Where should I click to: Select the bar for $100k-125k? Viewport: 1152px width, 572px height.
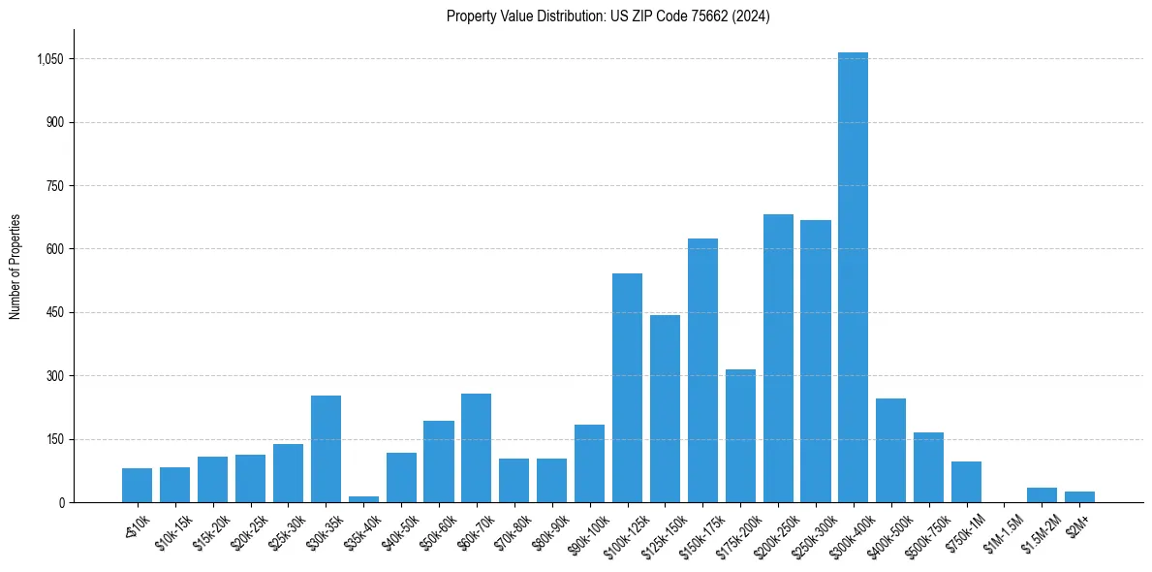coord(627,388)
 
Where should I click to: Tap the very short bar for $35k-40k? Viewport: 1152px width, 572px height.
coord(363,499)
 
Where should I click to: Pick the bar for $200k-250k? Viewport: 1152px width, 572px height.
coord(778,359)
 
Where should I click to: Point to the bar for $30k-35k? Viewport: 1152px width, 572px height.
coord(326,449)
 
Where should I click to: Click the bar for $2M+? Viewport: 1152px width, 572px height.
coord(1079,497)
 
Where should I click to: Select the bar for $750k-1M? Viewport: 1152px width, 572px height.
coord(966,482)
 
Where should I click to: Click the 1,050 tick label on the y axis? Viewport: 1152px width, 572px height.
coord(49,59)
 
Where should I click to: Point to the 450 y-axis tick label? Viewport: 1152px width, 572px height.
coord(54,313)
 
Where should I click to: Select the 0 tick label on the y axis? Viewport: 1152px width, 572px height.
coord(60,502)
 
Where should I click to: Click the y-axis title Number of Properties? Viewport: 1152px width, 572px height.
coord(16,267)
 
